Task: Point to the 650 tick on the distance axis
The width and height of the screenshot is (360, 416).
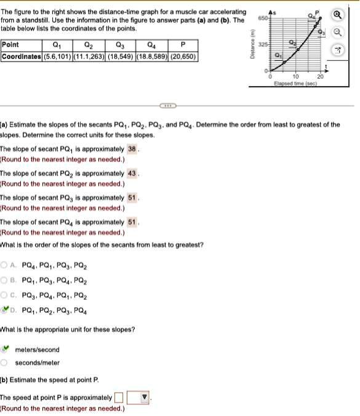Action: (262, 18)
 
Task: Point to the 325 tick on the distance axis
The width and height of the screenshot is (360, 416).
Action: (262, 46)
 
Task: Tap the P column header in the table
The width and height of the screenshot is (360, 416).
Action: (182, 44)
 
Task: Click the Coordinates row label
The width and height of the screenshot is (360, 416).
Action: (21, 56)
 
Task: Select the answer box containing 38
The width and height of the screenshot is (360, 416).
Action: (132, 149)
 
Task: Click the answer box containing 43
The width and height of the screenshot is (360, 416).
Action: (132, 174)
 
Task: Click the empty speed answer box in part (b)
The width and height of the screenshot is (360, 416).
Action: (119, 398)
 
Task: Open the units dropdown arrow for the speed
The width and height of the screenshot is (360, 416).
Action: (145, 398)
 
